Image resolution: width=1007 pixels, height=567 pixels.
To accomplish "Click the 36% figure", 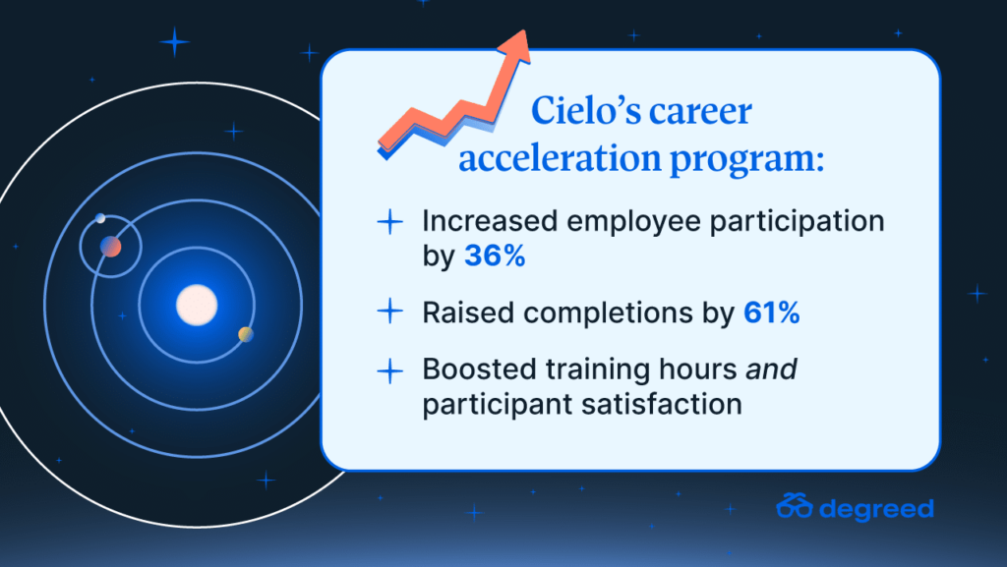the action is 495,255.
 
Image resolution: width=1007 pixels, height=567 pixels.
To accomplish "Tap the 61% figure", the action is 771,313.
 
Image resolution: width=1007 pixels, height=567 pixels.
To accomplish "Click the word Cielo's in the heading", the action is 586,110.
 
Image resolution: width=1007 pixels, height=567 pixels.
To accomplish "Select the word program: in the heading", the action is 747,160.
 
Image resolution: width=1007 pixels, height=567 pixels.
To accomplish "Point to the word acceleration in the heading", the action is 560,157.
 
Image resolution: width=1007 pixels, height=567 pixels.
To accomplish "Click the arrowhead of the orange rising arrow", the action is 515,46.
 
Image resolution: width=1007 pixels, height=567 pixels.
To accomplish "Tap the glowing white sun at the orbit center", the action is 197,305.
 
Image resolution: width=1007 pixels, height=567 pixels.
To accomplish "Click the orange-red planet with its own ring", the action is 110,247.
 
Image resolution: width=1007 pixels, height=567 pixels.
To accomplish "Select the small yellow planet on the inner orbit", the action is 245,334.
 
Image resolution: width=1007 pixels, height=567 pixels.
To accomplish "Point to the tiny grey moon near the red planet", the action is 100,218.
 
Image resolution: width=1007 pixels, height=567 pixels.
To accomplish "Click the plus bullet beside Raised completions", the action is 389,312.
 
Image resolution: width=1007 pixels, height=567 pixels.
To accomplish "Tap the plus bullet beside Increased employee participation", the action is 389,222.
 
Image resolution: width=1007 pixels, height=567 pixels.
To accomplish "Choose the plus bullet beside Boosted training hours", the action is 389,370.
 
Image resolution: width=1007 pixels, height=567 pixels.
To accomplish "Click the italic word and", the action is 771,369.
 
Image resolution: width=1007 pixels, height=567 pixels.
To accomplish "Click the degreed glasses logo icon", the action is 795,505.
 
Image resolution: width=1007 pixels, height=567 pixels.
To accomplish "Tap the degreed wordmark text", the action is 876,509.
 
